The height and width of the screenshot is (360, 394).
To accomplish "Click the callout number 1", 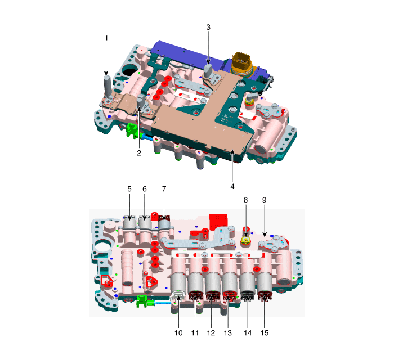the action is tap(106, 39).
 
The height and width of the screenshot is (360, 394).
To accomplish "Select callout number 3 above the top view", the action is tap(208, 28).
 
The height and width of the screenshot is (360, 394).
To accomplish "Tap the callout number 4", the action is tap(232, 187).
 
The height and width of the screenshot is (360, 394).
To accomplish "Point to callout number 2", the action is tap(139, 153).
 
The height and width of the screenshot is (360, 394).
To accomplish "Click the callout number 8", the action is tap(245, 200).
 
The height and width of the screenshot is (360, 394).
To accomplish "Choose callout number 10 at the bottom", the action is tap(178, 333).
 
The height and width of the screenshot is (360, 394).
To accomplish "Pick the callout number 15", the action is tap(265, 333).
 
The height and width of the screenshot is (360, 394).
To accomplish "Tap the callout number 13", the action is tap(227, 333).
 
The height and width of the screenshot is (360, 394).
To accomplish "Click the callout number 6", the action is tap(145, 189).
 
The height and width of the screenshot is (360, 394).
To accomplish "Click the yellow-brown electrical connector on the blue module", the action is tap(242, 63).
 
